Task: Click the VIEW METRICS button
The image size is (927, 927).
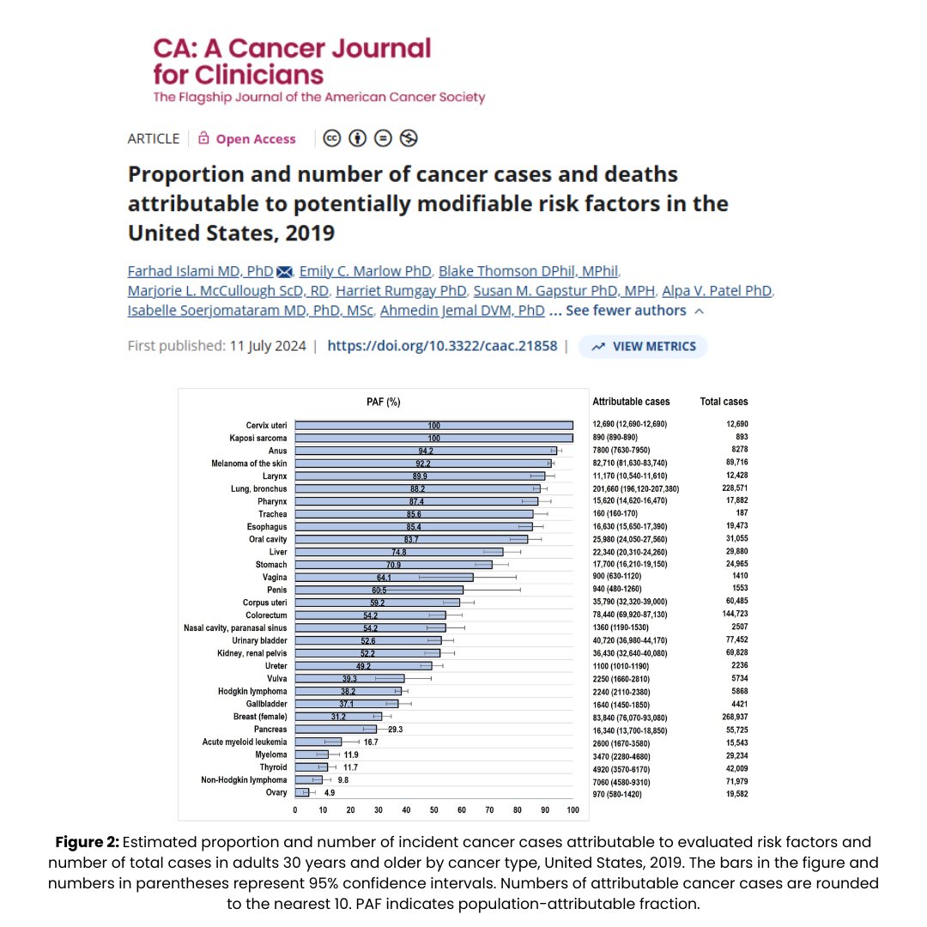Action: click(643, 346)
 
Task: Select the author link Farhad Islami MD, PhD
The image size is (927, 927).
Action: click(200, 270)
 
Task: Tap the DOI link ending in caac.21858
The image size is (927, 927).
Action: click(442, 346)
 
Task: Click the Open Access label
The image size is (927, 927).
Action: click(255, 139)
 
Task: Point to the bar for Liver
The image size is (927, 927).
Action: click(398, 552)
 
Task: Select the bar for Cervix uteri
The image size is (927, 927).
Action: click(433, 425)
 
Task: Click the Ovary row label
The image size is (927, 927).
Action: click(276, 792)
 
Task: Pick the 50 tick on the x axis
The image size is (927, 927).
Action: click(433, 809)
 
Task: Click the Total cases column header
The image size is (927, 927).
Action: click(724, 402)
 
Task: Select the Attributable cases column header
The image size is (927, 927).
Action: click(631, 402)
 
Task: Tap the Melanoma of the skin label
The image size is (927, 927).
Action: click(251, 463)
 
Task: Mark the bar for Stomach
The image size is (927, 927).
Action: click(393, 565)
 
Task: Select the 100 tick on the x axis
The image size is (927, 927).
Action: click(573, 809)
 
